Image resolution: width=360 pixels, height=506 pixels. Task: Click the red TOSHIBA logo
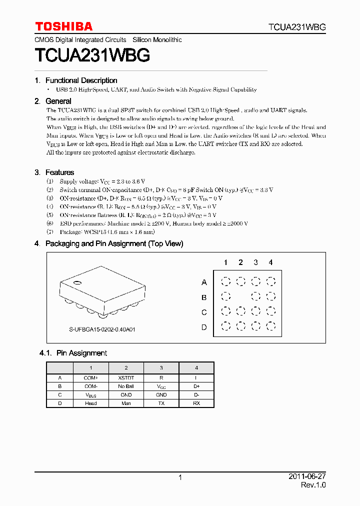click(x=63, y=26)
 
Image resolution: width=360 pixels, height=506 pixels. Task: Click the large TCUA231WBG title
click(x=92, y=55)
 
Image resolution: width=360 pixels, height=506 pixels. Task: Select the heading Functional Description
click(x=81, y=80)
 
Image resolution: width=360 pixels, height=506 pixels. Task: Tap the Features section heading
click(x=59, y=172)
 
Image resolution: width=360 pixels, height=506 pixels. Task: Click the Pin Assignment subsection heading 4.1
click(x=81, y=353)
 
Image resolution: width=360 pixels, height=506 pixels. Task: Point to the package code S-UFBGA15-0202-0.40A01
click(x=102, y=330)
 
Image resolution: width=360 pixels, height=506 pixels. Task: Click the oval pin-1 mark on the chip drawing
click(x=77, y=284)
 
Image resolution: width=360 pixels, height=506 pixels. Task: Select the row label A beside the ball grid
click(x=204, y=282)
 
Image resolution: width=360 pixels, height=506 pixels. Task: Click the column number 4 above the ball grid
click(x=270, y=262)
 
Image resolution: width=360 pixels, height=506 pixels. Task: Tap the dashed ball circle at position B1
click(x=225, y=296)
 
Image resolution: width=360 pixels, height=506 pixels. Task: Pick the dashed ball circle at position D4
click(x=270, y=326)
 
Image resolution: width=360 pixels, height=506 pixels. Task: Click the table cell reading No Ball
click(x=126, y=386)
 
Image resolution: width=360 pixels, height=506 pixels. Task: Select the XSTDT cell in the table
click(x=126, y=378)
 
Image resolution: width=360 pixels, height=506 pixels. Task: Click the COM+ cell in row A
click(x=90, y=378)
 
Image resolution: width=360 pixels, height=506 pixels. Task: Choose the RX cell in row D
click(x=196, y=403)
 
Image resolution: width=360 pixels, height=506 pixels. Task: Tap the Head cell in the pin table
click(x=90, y=403)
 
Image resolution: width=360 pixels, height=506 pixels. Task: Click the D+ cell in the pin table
click(x=196, y=386)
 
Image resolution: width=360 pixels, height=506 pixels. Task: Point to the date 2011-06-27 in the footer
click(x=307, y=477)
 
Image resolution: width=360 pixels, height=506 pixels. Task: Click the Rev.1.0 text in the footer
click(x=313, y=485)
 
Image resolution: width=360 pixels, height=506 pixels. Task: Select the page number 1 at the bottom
click(x=180, y=478)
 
